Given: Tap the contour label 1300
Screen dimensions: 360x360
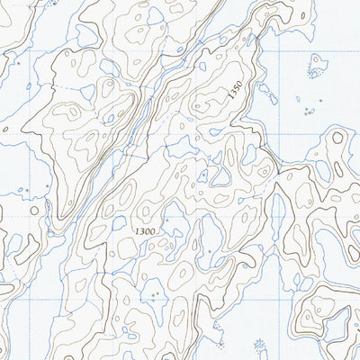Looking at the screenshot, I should click(143, 231).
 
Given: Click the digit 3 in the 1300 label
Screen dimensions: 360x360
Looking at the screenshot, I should click(139, 231).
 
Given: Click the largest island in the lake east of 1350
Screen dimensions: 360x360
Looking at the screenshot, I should click(316, 64).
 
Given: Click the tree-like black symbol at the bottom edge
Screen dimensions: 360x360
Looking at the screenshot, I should click(261, 347).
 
